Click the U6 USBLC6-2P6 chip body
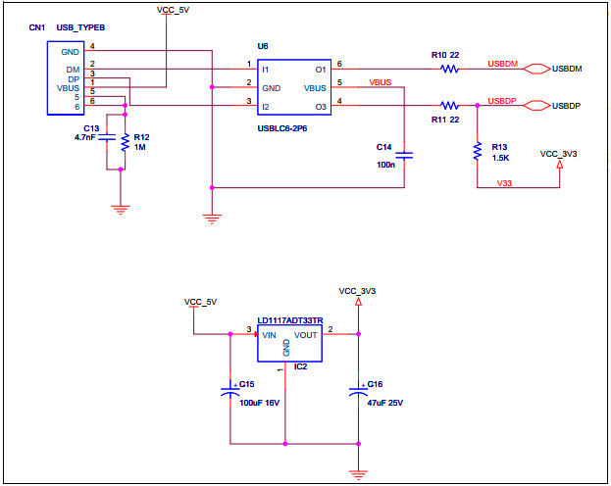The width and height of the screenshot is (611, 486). (293, 86)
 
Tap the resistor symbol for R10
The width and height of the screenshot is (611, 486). (450, 70)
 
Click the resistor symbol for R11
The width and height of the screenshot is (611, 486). (450, 105)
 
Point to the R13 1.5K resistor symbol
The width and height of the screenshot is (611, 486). (477, 152)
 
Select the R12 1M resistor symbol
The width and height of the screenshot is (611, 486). (125, 142)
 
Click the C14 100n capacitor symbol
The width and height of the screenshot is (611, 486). (406, 154)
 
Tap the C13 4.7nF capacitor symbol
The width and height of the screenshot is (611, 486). (108, 139)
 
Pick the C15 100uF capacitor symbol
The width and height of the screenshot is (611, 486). (229, 392)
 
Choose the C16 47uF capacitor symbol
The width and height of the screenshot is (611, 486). (358, 392)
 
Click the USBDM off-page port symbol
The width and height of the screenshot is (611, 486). (536, 70)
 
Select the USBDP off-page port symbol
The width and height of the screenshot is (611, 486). (536, 105)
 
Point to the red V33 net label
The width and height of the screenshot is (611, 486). (504, 182)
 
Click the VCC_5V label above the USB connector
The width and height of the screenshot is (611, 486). (174, 9)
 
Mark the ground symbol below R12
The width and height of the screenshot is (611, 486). (121, 208)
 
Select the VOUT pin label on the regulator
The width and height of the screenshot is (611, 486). (306, 334)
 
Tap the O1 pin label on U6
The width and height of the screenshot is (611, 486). (320, 70)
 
